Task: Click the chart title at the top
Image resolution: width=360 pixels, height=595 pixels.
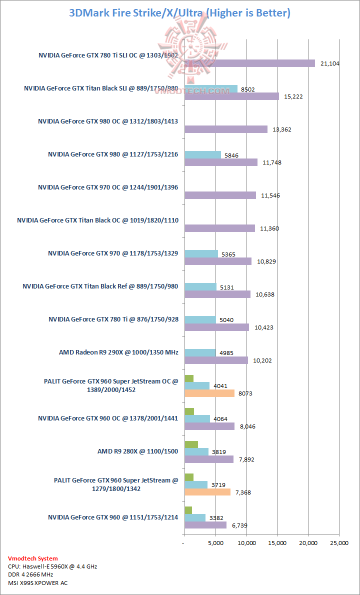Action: [179, 13]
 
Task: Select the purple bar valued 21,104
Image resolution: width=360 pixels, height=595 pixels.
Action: [249, 63]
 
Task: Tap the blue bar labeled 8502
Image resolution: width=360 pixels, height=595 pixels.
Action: [211, 89]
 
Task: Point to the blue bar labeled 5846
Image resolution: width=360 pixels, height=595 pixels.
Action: [202, 155]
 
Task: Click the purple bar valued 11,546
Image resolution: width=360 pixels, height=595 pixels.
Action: [220, 195]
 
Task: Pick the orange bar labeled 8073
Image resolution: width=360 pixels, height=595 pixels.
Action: [209, 393]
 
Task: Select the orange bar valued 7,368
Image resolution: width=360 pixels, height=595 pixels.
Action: [207, 492]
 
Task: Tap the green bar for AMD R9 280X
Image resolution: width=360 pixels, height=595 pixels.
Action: [191, 444]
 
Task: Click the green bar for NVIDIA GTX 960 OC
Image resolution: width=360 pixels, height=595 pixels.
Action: [189, 411]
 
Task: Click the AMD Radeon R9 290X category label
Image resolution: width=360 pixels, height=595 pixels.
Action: [118, 352]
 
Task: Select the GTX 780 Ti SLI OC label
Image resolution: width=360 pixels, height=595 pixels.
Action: [108, 55]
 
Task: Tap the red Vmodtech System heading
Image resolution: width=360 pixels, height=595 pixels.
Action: [33, 558]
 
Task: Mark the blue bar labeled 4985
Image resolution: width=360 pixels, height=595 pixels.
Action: [200, 353]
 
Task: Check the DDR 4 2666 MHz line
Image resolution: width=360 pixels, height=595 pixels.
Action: [31, 574]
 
